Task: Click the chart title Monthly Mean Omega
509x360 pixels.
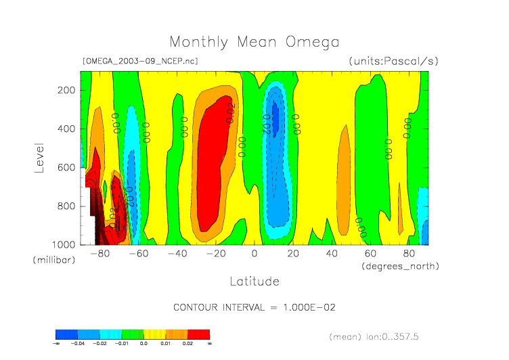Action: click(255, 42)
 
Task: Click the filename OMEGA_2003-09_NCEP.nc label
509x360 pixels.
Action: click(139, 61)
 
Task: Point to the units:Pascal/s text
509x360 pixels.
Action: click(394, 61)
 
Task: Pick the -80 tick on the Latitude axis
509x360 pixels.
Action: click(100, 254)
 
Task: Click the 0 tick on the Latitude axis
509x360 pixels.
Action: click(255, 254)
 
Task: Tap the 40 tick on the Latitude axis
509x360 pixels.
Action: click(332, 254)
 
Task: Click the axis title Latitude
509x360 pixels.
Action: click(255, 280)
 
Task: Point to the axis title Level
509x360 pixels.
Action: click(40, 156)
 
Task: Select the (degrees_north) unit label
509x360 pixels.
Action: click(401, 266)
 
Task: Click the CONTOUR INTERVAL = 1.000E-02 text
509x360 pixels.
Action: click(255, 307)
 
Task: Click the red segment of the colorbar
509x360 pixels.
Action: click(199, 334)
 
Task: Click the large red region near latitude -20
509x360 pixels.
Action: click(208, 169)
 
